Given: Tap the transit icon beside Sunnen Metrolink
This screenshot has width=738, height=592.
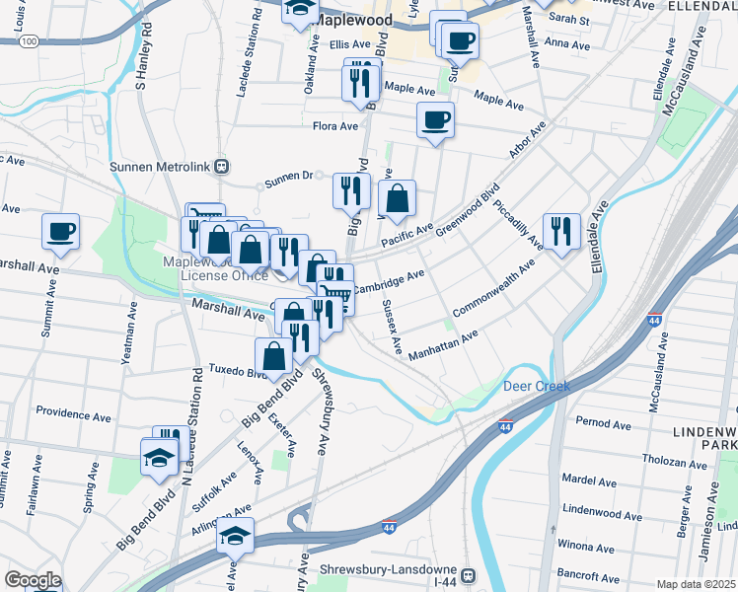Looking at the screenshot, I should [x=223, y=167].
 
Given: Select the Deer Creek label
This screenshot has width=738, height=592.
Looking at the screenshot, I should [x=537, y=386].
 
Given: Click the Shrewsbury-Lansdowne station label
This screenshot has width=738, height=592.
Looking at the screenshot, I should [x=390, y=570].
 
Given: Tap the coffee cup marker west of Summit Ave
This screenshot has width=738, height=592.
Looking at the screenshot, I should [x=60, y=232].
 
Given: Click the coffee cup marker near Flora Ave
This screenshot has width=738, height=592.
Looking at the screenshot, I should [x=435, y=121].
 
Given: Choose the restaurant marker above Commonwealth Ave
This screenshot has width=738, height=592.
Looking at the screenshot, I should [x=561, y=232].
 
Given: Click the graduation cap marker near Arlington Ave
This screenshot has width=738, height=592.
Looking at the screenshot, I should [x=235, y=537].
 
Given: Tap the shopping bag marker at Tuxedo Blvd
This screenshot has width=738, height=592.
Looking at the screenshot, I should [x=274, y=357].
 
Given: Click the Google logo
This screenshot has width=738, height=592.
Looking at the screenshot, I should [x=33, y=580].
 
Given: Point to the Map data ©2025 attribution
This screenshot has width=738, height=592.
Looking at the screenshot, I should [x=697, y=584].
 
